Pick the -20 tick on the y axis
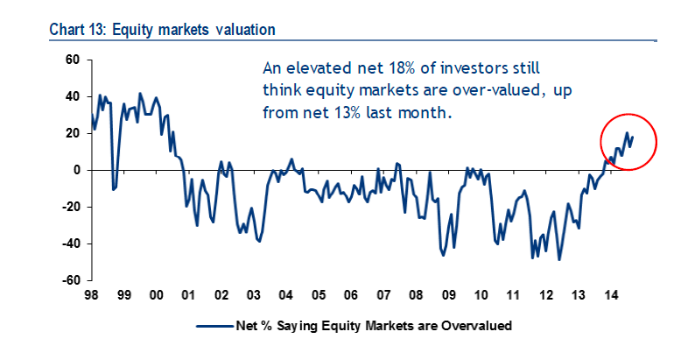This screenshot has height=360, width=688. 70,207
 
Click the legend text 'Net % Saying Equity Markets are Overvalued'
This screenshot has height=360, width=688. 373,325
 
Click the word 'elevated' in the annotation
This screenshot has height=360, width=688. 315,67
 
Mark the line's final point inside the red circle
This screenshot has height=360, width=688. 632,136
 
